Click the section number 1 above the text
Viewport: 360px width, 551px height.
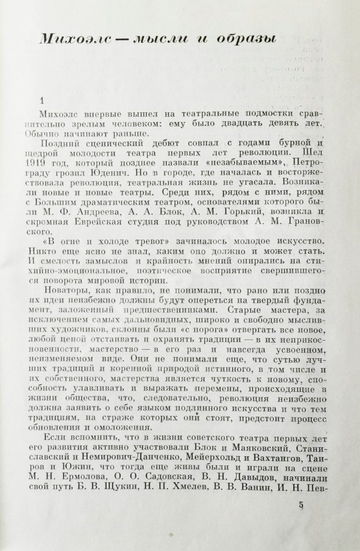42,101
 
